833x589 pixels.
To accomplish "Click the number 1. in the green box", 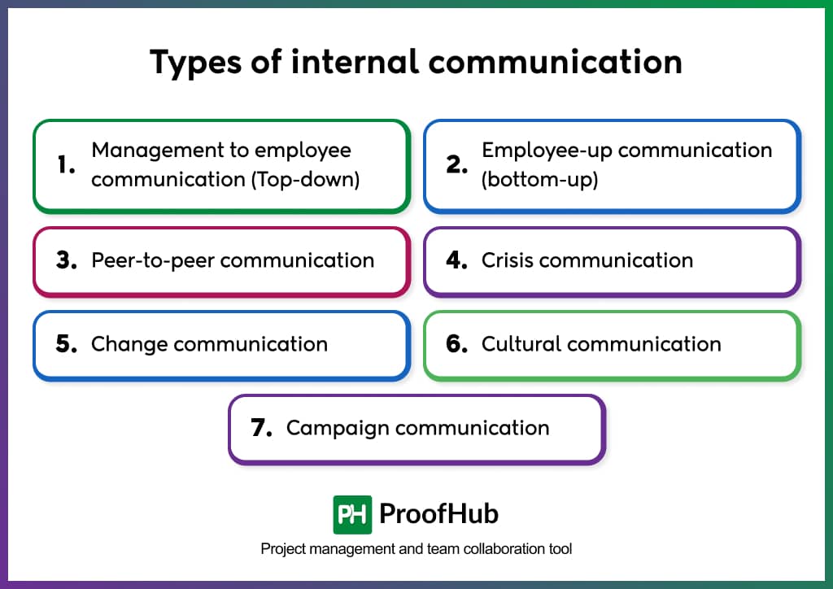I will [67, 165].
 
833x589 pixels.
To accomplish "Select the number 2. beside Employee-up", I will [457, 165].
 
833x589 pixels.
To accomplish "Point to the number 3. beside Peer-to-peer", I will [67, 260].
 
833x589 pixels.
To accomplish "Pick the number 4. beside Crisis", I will [457, 260].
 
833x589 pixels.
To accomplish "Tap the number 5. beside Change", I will [67, 344].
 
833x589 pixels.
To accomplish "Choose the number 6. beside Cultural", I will [457, 344].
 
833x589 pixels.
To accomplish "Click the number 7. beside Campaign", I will [262, 428].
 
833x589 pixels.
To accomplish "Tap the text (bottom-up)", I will [539, 179].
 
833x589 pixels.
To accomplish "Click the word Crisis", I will [507, 260].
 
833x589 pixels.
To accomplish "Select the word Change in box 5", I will [129, 344].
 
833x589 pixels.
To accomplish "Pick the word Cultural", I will [521, 344].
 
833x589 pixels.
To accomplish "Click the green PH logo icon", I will [352, 514].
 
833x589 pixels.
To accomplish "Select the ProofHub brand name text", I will [439, 514].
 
